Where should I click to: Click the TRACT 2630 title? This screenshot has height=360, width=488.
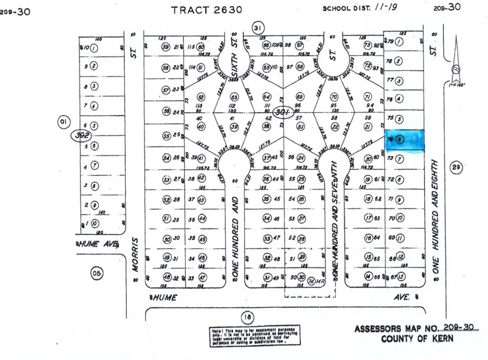tap(207, 9)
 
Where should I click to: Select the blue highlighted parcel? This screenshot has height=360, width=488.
tap(404, 140)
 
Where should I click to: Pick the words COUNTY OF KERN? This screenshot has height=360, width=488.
tap(417, 339)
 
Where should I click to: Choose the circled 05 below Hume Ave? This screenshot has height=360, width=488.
tap(97, 273)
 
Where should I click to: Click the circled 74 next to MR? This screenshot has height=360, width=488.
tap(312, 281)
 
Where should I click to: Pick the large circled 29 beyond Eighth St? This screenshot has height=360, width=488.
tap(456, 167)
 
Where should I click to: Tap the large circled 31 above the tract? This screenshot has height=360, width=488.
tap(258, 28)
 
